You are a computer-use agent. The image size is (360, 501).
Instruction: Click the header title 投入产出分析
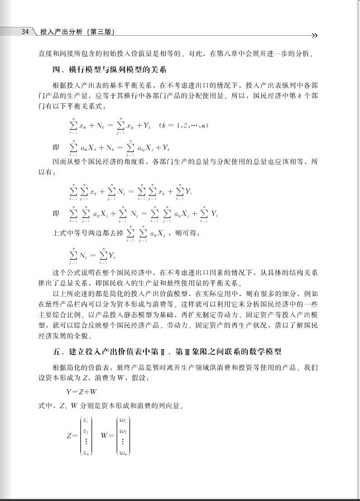pyautogui.click(x=61, y=32)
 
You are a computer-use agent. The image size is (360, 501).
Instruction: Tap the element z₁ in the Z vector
pyautogui.click(x=85, y=419)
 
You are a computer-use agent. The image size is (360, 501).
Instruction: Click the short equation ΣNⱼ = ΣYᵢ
pyautogui.click(x=92, y=255)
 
